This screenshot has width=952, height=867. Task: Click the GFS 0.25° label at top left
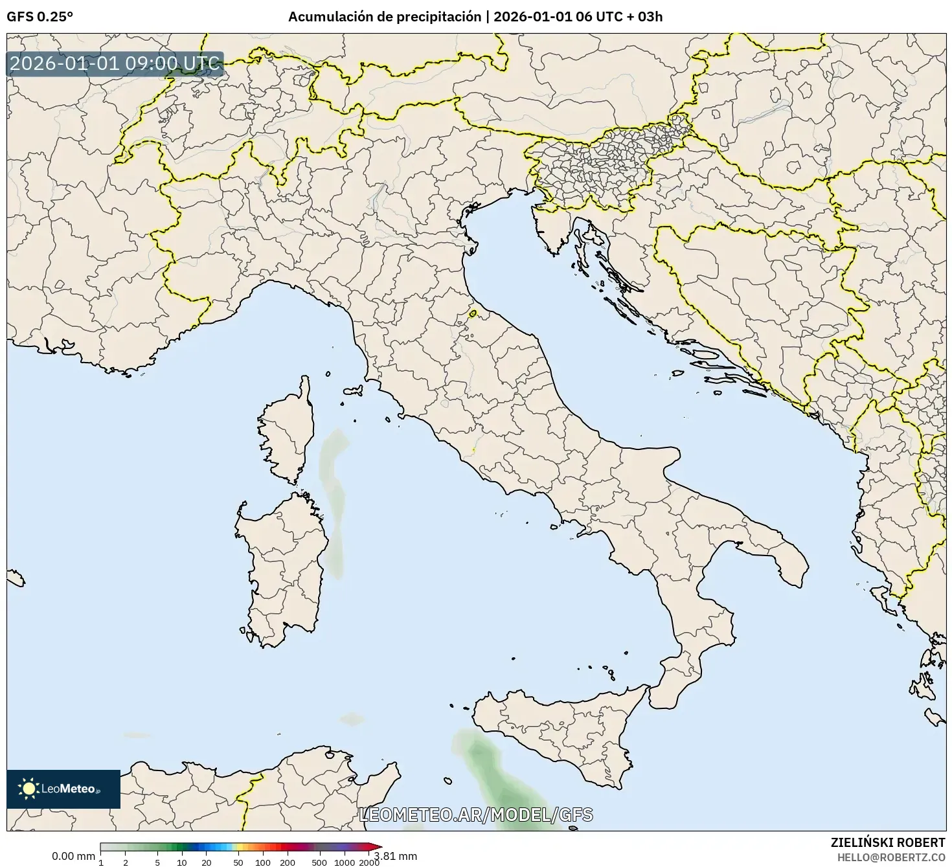coord(40,17)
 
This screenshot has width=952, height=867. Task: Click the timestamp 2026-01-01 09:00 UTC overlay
coord(115,63)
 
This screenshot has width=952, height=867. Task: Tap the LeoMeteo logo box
coord(63,789)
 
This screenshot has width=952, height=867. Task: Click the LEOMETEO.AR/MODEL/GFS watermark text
coord(475,815)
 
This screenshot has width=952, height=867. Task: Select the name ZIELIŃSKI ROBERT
coord(887,842)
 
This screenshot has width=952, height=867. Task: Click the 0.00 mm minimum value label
coord(73,856)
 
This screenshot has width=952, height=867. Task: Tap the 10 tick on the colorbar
coord(182,862)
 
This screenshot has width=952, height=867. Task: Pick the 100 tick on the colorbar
coord(263,862)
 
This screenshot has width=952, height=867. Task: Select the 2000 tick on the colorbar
coord(369,862)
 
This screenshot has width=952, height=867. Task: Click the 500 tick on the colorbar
coord(319,862)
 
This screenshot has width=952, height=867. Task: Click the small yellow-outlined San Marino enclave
coord(473,313)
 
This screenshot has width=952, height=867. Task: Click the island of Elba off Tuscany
coord(354,390)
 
